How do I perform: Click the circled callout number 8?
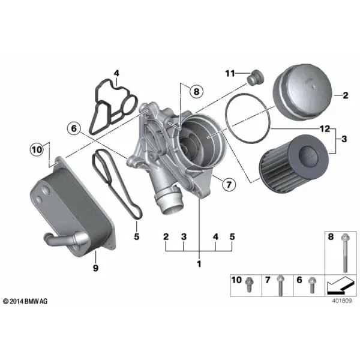coord(197,91)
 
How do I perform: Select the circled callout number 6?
coord(74,128)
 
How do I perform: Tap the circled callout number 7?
coord(229,184)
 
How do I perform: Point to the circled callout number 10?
coord(37,149)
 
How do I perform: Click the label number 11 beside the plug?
coord(230,73)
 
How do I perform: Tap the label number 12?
coord(325,129)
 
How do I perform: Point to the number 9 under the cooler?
coord(95,268)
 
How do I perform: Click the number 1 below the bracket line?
coord(199,264)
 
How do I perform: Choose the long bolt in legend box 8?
coord(345,253)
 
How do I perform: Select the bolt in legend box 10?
coord(248,284)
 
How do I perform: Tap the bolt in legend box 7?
coord(280,286)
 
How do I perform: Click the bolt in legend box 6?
coord(312,285)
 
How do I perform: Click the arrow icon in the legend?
coord(340,285)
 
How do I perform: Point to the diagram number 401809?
coord(341,301)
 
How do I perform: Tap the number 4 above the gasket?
coord(116,73)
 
